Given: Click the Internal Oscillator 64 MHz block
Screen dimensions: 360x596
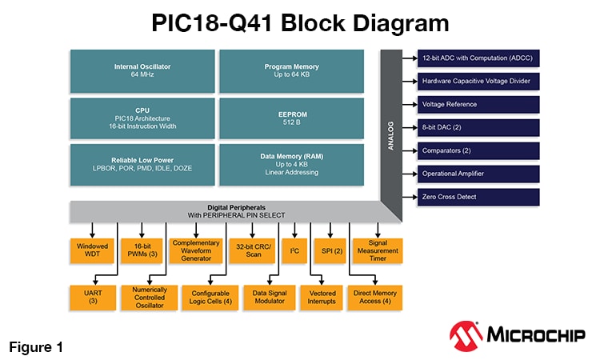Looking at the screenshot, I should (x=142, y=70).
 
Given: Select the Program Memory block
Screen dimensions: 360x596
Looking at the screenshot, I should (x=291, y=70).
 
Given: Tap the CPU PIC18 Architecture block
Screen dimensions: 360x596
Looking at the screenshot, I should (x=142, y=118).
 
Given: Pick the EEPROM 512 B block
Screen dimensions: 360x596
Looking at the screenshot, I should (x=291, y=118).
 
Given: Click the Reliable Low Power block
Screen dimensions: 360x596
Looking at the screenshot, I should (x=142, y=165).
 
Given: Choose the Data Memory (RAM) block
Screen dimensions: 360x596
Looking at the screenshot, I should (x=291, y=165).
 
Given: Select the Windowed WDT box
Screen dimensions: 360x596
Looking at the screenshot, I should (x=93, y=251).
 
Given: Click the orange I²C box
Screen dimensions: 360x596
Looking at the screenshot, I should (x=294, y=251).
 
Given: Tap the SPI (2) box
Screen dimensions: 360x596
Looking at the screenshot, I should (x=328, y=251).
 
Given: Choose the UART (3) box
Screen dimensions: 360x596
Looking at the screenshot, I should (x=93, y=297).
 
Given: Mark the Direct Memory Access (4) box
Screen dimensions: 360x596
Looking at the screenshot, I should (x=374, y=297).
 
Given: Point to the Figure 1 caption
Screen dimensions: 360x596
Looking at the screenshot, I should (x=36, y=347).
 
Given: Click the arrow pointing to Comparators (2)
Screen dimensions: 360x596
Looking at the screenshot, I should (x=409, y=150).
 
